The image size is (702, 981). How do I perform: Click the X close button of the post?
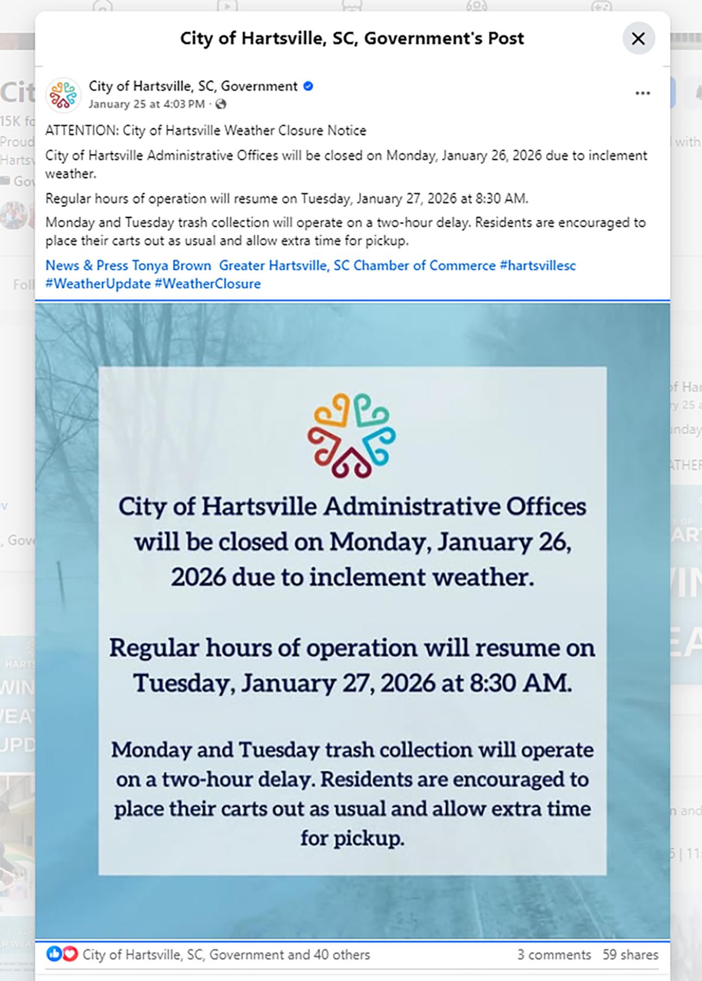[638, 39]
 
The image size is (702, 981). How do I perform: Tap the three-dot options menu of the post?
[643, 93]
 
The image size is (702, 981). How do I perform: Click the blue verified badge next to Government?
[308, 86]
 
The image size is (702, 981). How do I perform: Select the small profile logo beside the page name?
[63, 94]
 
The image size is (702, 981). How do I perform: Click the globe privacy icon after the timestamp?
[221, 104]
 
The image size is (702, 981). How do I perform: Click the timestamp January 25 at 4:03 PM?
[146, 104]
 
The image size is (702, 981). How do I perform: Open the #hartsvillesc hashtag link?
[538, 265]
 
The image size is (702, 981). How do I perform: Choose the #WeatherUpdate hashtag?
[98, 283]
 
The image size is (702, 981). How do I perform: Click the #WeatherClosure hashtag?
[207, 283]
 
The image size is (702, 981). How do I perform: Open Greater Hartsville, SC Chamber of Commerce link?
[357, 265]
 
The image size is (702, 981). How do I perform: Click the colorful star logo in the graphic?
[352, 435]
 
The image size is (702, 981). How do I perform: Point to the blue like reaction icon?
[54, 954]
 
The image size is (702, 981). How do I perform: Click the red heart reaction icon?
[70, 954]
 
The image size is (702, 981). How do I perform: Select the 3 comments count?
[553, 954]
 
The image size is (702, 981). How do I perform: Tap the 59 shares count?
[630, 954]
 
